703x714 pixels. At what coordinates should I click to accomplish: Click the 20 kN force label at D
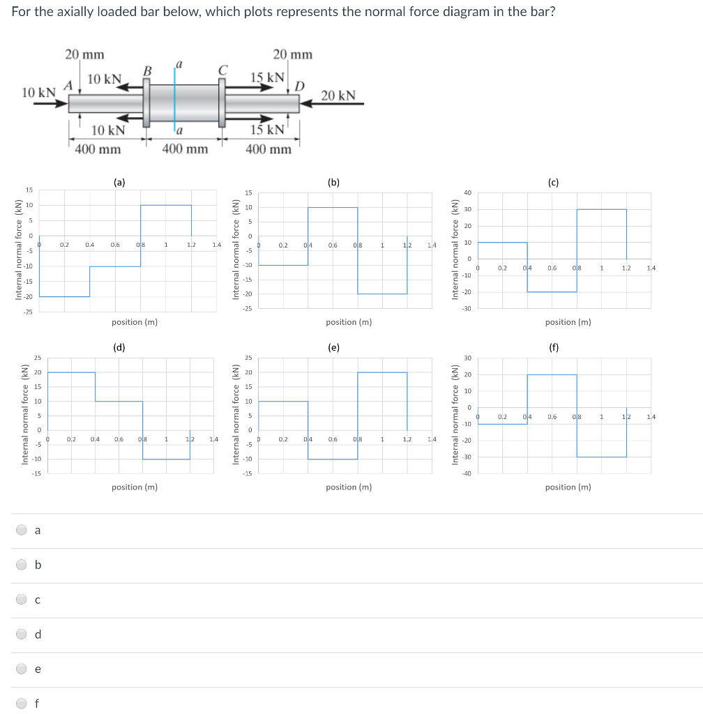[338, 96]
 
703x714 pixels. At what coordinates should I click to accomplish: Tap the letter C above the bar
[222, 70]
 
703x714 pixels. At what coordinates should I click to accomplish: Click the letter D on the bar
[299, 86]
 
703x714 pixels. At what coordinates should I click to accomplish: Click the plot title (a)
[120, 182]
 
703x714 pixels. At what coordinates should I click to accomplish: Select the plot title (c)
[553, 182]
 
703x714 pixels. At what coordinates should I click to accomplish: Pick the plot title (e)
[334, 347]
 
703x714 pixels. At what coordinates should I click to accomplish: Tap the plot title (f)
[553, 347]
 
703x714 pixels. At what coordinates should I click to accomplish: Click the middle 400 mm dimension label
[185, 149]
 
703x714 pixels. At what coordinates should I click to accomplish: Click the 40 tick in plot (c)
[467, 192]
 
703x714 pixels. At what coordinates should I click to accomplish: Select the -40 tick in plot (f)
[467, 474]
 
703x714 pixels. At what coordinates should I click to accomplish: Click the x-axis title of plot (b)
[349, 322]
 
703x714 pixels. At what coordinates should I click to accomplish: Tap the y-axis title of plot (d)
[24, 414]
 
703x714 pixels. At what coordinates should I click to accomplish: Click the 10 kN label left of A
[38, 93]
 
